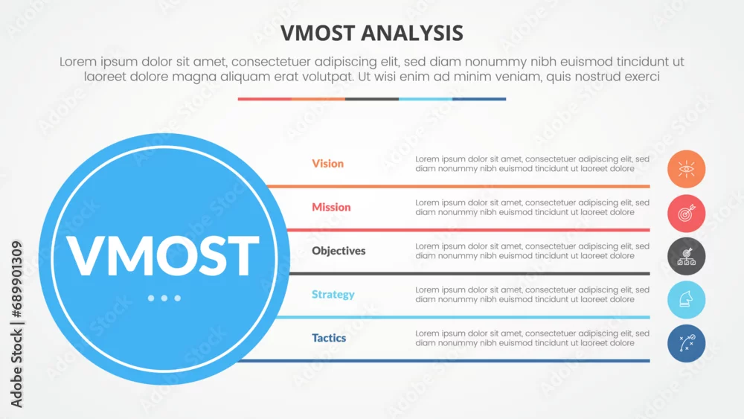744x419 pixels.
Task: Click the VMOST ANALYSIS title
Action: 371,33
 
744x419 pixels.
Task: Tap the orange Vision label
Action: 327,163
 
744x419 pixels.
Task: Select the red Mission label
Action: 331,207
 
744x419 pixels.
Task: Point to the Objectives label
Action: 339,251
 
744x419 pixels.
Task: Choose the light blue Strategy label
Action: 333,294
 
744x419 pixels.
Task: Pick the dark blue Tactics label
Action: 329,338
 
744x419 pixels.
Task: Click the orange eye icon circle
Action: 686,169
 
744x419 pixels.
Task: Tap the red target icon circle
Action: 686,213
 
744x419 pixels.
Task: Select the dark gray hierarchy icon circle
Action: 686,256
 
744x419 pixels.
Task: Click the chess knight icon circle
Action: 686,299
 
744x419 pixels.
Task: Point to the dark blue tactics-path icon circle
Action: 686,343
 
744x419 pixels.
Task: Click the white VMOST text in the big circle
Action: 163,255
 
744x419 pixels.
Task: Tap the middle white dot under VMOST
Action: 164,298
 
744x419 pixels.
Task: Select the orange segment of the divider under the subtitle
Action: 318,99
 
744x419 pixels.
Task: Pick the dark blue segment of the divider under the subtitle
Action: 479,99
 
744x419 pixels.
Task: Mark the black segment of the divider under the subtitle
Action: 372,99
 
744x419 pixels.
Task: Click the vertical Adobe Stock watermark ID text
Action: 16,324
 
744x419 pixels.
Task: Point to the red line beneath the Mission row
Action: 468,230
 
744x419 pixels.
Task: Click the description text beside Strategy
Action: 533,295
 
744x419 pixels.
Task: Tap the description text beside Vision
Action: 533,164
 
